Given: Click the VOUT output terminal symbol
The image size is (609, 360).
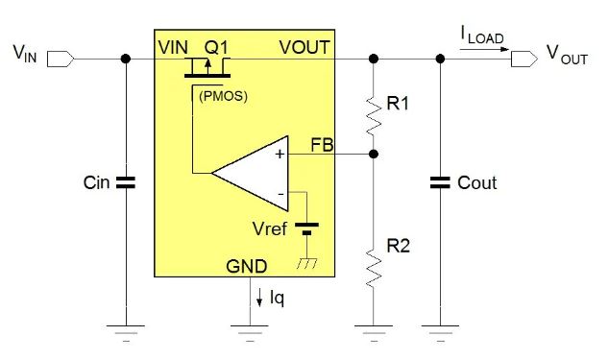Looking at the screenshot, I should pyautogui.click(x=524, y=59).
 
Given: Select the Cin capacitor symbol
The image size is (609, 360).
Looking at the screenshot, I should pyautogui.click(x=126, y=181).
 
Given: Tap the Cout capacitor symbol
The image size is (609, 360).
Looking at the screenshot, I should pyautogui.click(x=440, y=181).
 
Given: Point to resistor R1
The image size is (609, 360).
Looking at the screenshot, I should pyautogui.click(x=374, y=107).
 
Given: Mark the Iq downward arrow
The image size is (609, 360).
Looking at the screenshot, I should pyautogui.click(x=259, y=297).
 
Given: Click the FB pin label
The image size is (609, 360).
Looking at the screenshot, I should pyautogui.click(x=323, y=145).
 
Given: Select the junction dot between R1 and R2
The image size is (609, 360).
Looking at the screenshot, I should pyautogui.click(x=374, y=154).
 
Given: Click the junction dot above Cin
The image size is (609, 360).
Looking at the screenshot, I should pyautogui.click(x=126, y=59).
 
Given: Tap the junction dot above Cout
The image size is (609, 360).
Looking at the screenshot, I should pyautogui.click(x=440, y=59).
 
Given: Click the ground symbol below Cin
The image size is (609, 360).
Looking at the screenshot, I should pyautogui.click(x=126, y=331).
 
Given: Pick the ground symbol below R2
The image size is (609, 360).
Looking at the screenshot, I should pyautogui.click(x=374, y=331).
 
